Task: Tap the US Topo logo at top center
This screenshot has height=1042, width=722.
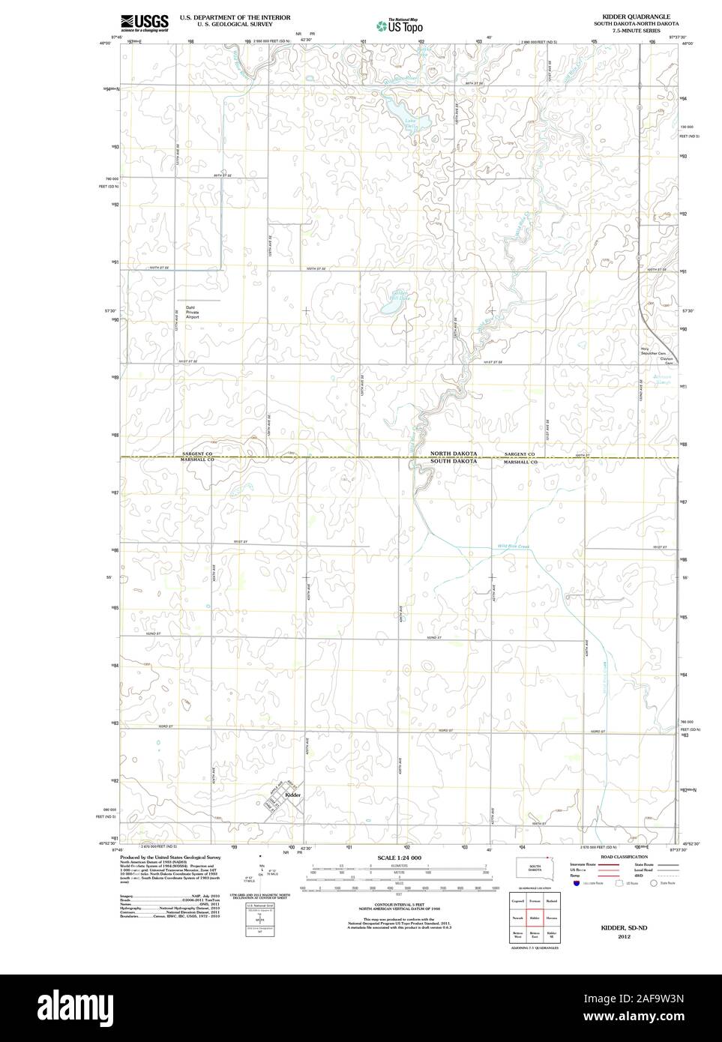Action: tap(400, 25)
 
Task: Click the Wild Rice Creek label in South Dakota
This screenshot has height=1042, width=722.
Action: tap(514, 546)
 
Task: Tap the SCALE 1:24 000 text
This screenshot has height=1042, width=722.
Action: tap(399, 858)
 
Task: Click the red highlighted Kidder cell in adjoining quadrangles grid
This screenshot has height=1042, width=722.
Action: tap(535, 916)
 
